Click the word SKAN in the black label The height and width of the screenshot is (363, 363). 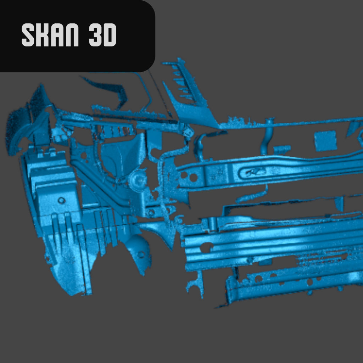click(50, 35)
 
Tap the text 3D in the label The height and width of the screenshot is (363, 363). click(102, 35)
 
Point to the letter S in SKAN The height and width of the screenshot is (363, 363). click(28, 35)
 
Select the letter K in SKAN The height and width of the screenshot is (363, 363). click(42, 35)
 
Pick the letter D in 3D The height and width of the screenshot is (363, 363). click(110, 35)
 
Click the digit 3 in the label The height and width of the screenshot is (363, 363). click(96, 35)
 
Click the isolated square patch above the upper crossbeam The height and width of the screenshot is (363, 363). click(325, 141)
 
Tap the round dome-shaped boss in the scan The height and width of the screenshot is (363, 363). click(138, 180)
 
